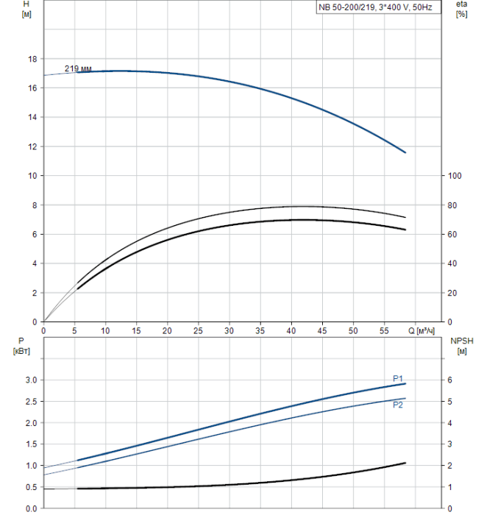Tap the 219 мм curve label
point(78,68)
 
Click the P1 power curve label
point(398,378)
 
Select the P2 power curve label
point(398,405)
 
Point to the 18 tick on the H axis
point(32,59)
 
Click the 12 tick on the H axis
point(32,146)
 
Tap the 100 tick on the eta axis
point(455,176)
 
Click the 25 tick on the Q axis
point(199,330)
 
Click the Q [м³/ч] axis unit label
point(421,330)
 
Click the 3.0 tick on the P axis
point(30,380)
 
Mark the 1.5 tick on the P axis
point(30,444)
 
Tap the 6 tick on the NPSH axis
point(450,380)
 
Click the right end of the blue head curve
point(405,152)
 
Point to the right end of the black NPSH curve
point(405,463)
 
